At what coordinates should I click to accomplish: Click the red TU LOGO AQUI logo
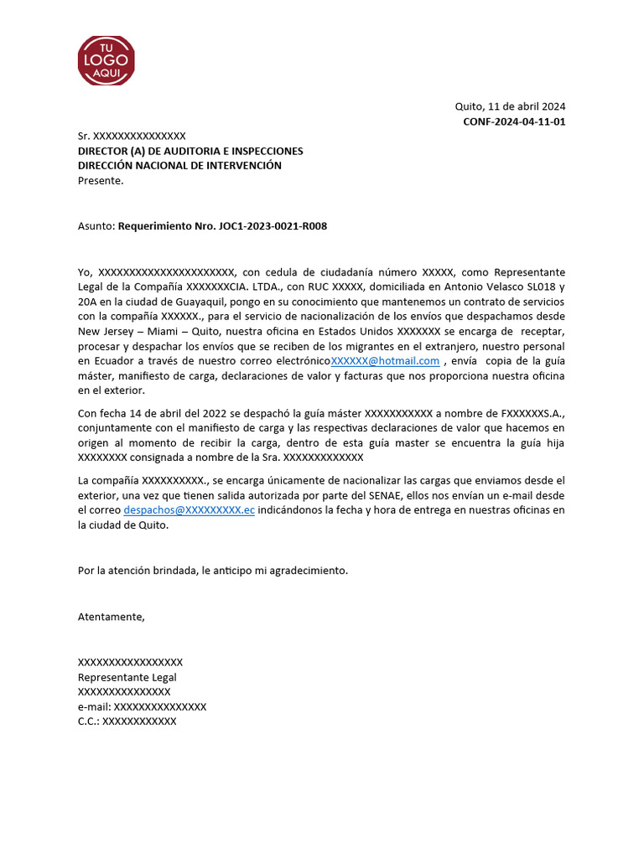(x=106, y=60)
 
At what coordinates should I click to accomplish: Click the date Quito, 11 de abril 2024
(x=510, y=106)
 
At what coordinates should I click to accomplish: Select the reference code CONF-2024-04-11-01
(x=514, y=121)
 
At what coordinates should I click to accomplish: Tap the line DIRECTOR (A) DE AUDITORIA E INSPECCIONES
(x=190, y=151)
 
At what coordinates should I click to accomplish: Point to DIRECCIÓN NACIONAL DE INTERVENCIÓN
(x=179, y=165)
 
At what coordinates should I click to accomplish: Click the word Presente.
(x=101, y=180)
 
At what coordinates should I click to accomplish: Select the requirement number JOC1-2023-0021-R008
(x=228, y=226)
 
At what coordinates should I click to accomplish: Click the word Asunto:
(x=96, y=226)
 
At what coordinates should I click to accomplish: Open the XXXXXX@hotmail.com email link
(x=385, y=361)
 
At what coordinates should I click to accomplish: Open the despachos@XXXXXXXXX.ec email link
(x=189, y=510)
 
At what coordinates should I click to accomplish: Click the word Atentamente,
(x=112, y=617)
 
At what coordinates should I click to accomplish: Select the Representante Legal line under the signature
(x=127, y=677)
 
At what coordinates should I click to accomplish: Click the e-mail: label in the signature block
(x=95, y=706)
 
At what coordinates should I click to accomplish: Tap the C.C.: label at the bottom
(x=89, y=721)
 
